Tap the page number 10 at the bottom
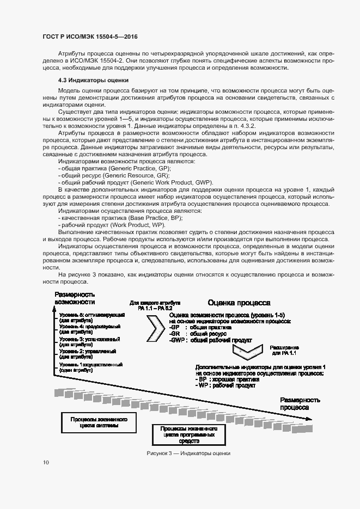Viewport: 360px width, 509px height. pyautogui.click(x=46, y=463)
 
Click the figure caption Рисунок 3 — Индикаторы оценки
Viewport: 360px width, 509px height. pyautogui.click(x=188, y=453)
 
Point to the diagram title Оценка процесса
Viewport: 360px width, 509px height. pyautogui.click(x=238, y=303)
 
